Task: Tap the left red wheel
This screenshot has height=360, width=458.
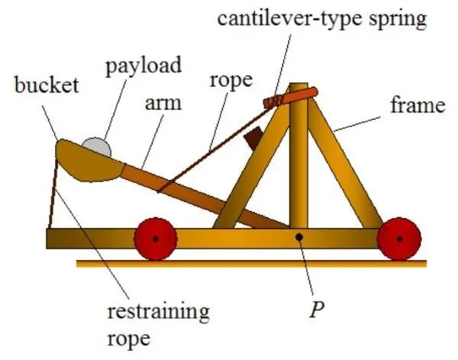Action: click(x=154, y=239)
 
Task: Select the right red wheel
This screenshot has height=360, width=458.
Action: click(x=398, y=239)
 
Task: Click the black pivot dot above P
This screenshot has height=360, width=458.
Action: click(x=300, y=237)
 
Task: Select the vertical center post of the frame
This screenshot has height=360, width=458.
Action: click(x=298, y=168)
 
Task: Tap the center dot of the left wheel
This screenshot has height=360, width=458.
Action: click(x=154, y=239)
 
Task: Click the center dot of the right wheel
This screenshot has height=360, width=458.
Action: click(x=398, y=239)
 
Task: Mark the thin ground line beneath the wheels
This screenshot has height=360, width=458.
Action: click(x=252, y=264)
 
